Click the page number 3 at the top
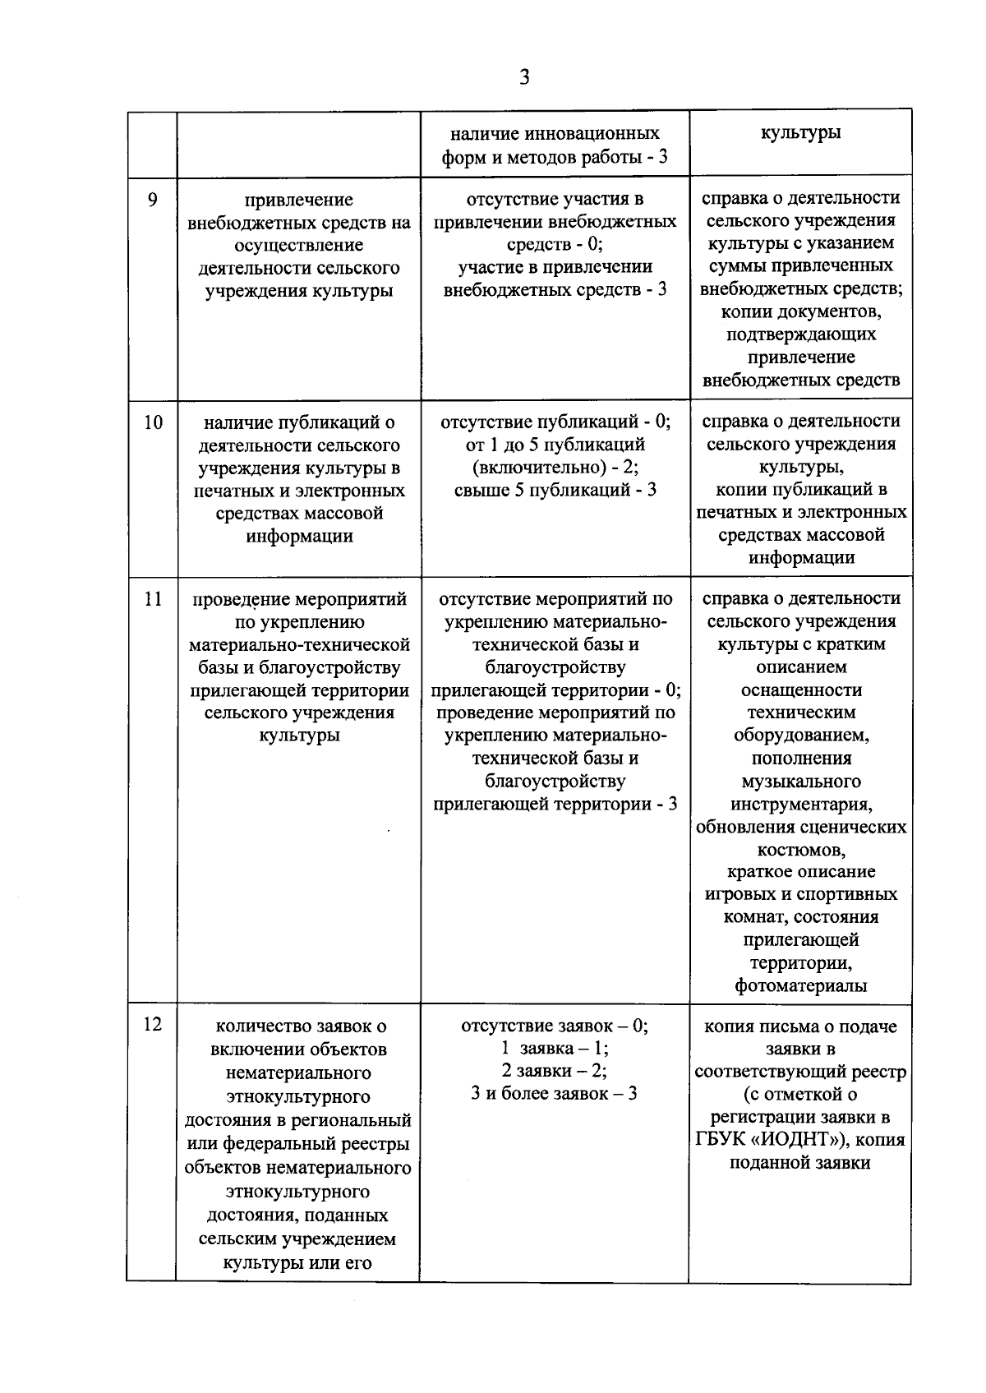point(525,77)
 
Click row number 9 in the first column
point(152,199)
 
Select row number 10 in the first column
point(153,422)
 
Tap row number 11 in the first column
point(153,599)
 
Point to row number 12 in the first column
point(153,1024)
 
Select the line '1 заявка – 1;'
point(555,1048)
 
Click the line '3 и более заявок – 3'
point(555,1094)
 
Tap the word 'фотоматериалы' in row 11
point(801,985)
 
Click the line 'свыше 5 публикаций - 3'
point(555,490)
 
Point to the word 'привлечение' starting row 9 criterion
point(299,200)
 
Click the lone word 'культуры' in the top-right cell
point(800,132)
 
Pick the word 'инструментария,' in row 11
point(801,803)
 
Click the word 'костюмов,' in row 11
point(801,849)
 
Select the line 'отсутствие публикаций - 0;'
point(555,422)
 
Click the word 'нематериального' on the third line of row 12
point(299,1072)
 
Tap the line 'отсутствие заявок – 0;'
point(555,1026)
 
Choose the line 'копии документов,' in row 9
point(801,311)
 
